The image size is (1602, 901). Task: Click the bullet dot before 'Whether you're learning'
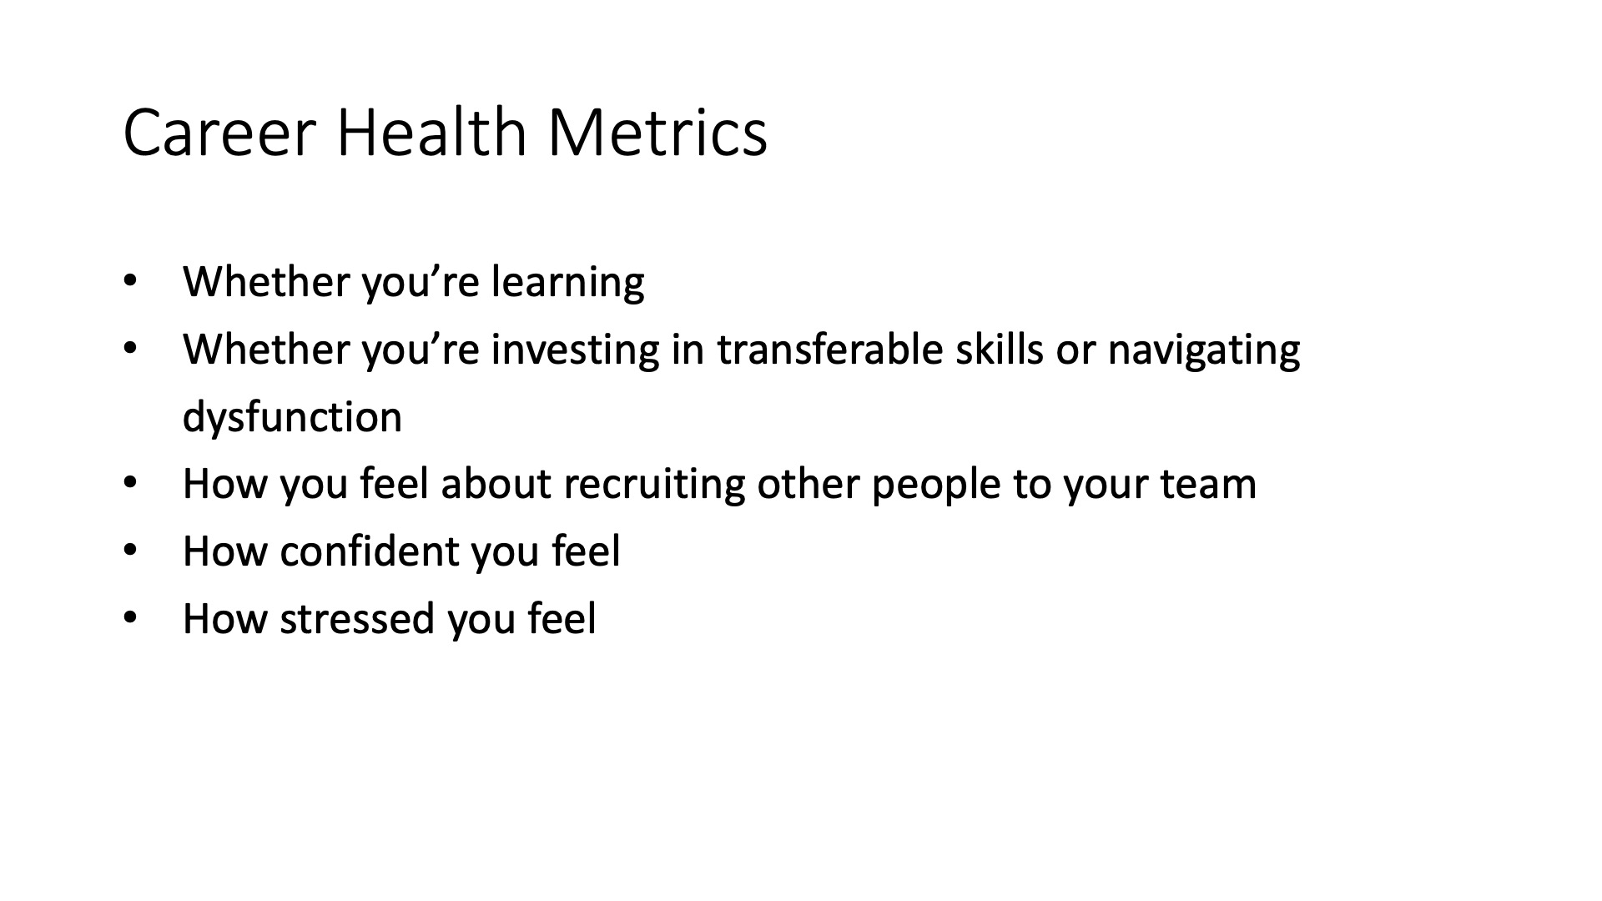click(129, 281)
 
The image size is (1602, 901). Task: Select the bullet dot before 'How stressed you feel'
click(129, 618)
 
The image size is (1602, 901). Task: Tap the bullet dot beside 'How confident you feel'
click(129, 551)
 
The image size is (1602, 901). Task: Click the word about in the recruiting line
click(496, 484)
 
